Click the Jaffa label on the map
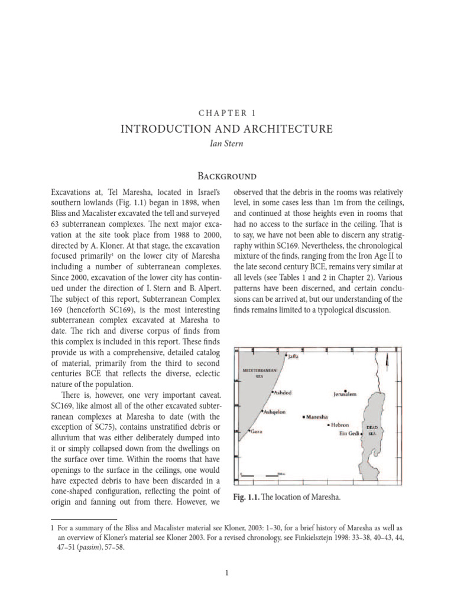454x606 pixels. (x=294, y=356)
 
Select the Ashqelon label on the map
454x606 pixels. (x=274, y=411)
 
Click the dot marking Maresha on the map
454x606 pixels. (x=304, y=417)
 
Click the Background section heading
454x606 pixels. (x=227, y=176)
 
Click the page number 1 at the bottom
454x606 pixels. (x=227, y=572)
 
